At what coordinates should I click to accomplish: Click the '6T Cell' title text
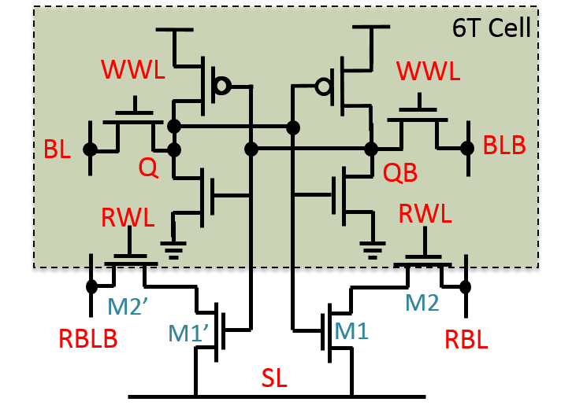(x=491, y=28)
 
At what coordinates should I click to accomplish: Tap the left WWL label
(x=133, y=70)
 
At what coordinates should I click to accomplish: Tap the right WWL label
(x=428, y=71)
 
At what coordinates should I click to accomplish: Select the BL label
(x=57, y=149)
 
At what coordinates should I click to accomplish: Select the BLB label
(x=504, y=146)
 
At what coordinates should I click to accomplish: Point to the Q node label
(x=148, y=167)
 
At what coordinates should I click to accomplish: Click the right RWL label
(x=425, y=213)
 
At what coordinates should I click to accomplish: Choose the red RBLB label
(x=88, y=339)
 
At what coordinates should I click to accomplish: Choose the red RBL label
(x=466, y=340)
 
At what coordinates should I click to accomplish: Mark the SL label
(x=274, y=378)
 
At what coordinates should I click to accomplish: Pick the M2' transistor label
(x=128, y=307)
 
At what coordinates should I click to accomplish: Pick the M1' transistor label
(x=188, y=334)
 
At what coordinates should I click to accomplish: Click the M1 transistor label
(x=351, y=331)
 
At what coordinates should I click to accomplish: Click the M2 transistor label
(x=422, y=303)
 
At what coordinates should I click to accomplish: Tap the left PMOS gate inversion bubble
(x=223, y=85)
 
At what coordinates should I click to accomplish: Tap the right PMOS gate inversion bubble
(x=323, y=86)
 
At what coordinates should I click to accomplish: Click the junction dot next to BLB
(x=467, y=148)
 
